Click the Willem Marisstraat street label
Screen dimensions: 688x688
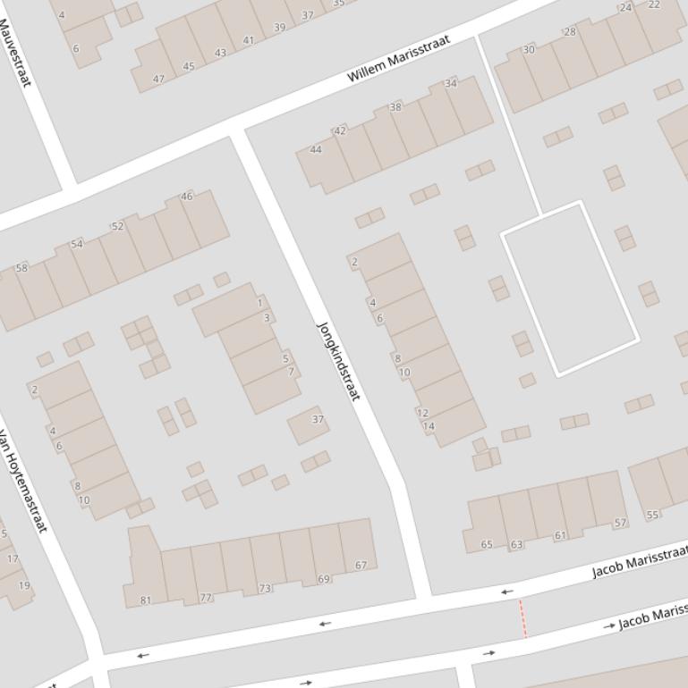[398, 60]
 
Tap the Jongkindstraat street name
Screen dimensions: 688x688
[338, 361]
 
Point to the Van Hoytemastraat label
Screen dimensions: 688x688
[22, 482]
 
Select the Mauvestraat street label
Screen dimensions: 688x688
[15, 53]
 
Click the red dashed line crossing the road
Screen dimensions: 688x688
[522, 618]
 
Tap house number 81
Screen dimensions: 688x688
[146, 600]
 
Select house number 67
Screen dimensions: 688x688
[361, 565]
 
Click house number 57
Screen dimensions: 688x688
[620, 523]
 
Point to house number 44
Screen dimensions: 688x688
[315, 149]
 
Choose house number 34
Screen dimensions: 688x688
[451, 83]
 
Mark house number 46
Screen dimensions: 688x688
[187, 197]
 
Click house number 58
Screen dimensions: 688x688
[21, 268]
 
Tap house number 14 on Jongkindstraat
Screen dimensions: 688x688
[429, 426]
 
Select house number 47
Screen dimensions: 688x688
[158, 79]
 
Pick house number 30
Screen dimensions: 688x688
[529, 50]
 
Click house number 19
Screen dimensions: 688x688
[24, 586]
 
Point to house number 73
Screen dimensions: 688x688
[265, 589]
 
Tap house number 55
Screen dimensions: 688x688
[652, 515]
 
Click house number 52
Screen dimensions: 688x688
[117, 226]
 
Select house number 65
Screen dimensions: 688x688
[487, 544]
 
